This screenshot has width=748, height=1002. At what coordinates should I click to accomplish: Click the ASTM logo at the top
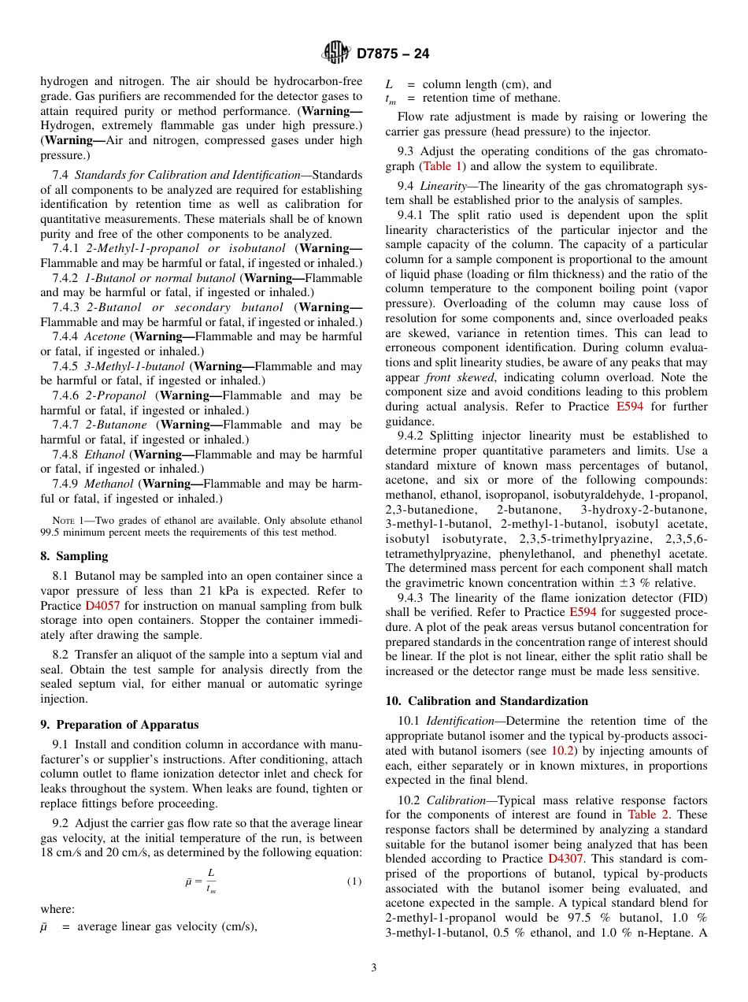pos(337,54)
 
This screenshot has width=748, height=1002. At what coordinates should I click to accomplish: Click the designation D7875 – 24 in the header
pos(393,54)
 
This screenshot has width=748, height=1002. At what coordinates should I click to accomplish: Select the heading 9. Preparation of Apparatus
pos(119,725)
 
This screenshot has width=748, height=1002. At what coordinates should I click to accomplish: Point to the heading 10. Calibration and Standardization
pos(487,701)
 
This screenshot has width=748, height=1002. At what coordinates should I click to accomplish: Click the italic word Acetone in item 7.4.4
pos(105,336)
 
